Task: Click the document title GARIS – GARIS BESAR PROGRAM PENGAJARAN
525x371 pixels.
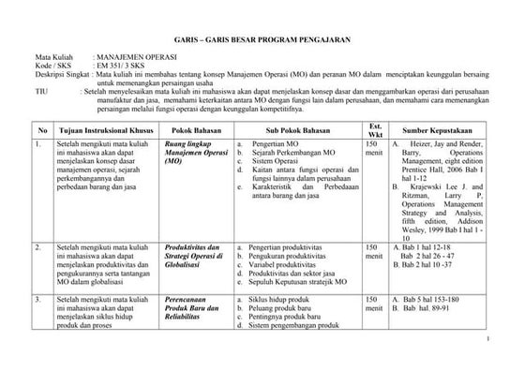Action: (x=262, y=42)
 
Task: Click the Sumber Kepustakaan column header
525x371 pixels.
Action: (x=439, y=129)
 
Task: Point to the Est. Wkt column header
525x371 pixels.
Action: (x=375, y=129)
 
